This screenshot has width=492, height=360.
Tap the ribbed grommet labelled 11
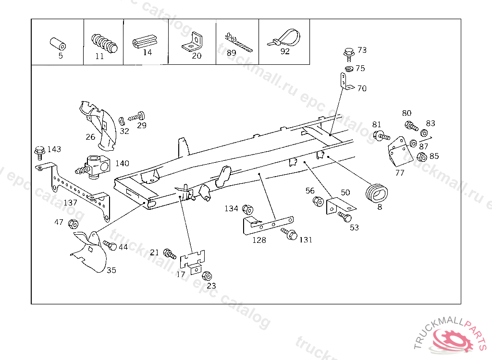(x=104, y=42)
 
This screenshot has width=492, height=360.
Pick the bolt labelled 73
(x=348, y=52)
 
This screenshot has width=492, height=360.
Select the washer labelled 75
(x=349, y=70)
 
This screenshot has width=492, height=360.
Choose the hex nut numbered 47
(x=73, y=224)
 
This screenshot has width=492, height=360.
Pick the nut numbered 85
(x=422, y=157)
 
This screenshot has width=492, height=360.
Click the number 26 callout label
(x=90, y=137)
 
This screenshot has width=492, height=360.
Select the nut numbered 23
(x=207, y=276)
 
